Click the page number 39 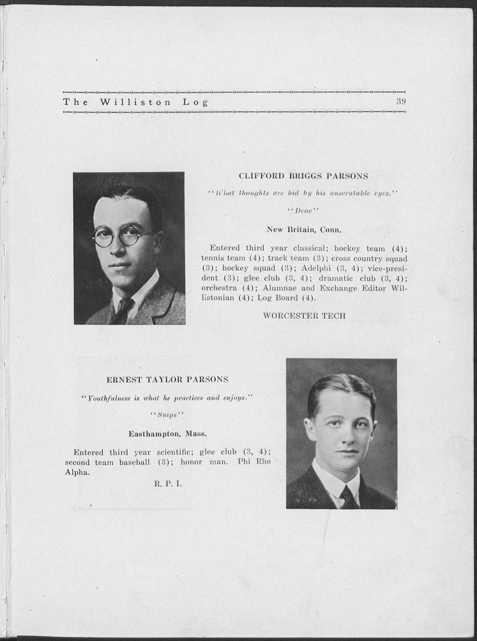click(401, 101)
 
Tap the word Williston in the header click(135, 103)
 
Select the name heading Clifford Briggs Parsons click(303, 176)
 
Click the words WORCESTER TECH click(304, 315)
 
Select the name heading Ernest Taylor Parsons click(167, 379)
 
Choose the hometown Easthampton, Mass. click(167, 434)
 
